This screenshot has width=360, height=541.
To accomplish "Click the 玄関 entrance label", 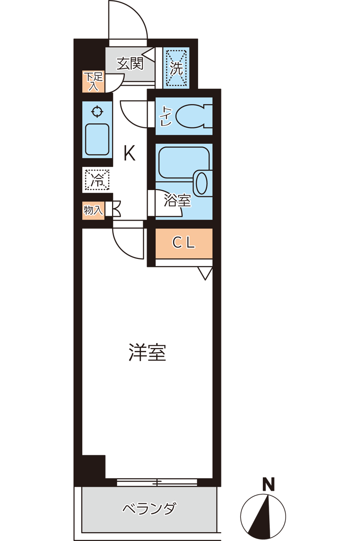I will coord(129,63).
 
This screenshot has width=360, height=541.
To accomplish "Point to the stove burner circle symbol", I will coord(97,112).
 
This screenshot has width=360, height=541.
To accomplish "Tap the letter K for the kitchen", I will coord(129,153).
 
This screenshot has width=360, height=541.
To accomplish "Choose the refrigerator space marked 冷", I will coord(97,179).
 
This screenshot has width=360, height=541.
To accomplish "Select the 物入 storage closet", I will coord(93,210).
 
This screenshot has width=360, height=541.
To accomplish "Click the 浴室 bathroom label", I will coord(178,201).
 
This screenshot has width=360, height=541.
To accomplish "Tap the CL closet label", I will coord(184,243).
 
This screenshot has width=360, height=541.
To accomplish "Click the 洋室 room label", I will coord(147,353).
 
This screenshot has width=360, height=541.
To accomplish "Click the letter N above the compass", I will coord(268,485).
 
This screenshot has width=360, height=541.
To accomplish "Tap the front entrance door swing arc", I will coord(128,21).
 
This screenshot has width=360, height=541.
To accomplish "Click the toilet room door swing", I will coord(134,114).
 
